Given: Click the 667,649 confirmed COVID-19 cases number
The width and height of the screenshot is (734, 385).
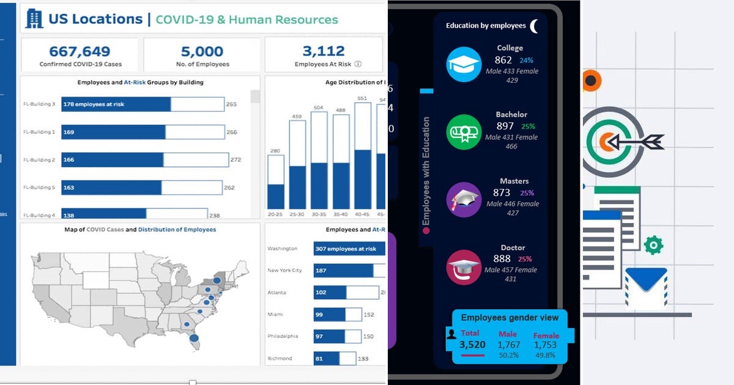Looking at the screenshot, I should (x=80, y=51).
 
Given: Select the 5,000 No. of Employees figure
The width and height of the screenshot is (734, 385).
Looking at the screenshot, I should (x=202, y=51).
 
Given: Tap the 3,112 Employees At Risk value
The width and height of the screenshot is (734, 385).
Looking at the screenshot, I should (x=324, y=51).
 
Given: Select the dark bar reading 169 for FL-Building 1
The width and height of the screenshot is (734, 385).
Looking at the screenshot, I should (x=113, y=132).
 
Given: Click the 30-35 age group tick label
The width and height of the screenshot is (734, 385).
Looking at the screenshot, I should (x=319, y=215).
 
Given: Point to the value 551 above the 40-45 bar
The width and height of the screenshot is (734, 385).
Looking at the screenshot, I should (x=362, y=98).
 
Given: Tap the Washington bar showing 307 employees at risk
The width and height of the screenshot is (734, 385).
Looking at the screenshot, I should (x=349, y=249).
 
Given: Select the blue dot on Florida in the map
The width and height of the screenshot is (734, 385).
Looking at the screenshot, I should (x=194, y=337).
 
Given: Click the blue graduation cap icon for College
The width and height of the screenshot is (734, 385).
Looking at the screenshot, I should (x=464, y=64).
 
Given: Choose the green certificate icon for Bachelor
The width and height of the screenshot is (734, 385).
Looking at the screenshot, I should (x=464, y=132).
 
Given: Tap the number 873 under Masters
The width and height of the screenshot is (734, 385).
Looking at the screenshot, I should (x=502, y=193).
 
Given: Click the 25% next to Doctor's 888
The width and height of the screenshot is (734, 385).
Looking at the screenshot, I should (x=526, y=259).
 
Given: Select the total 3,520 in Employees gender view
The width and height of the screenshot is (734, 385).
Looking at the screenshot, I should (x=472, y=345).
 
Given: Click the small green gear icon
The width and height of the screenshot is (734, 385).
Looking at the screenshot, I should (x=653, y=245).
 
